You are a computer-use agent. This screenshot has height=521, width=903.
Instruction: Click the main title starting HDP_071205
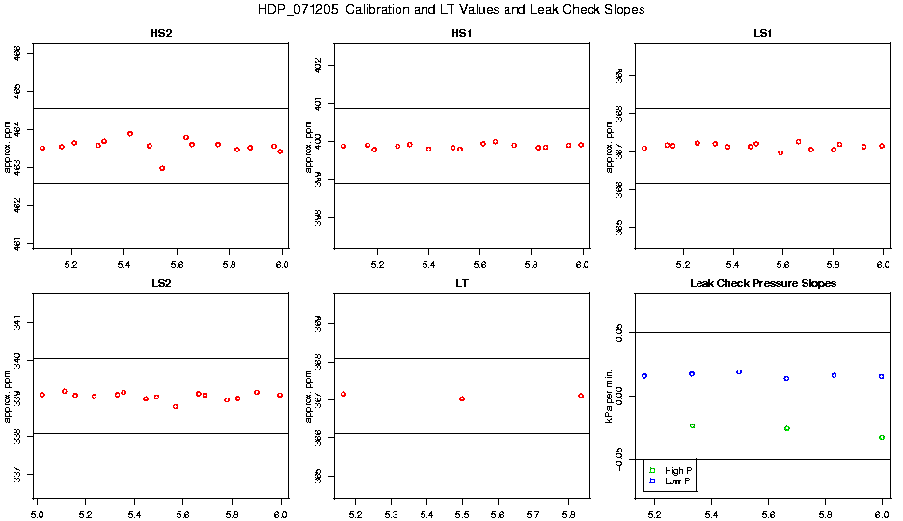(x=451, y=9)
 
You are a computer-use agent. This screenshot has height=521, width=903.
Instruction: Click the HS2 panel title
(x=161, y=34)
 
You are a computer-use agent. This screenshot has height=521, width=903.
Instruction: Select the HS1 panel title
(x=462, y=34)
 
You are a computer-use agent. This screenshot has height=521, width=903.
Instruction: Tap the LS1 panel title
(x=762, y=34)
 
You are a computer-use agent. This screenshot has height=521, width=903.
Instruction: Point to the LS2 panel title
(x=161, y=284)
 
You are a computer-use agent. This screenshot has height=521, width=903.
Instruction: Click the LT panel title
(x=462, y=284)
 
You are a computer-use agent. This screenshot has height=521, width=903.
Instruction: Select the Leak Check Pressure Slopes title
(x=762, y=284)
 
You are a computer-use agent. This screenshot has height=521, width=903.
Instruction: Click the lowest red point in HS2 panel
(x=162, y=168)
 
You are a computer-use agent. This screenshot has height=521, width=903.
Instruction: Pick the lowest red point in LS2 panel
(x=175, y=406)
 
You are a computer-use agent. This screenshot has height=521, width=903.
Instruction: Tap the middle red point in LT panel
(x=462, y=398)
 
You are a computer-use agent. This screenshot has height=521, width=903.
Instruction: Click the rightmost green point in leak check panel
(x=882, y=437)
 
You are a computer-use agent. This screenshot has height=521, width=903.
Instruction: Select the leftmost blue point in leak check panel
(x=644, y=376)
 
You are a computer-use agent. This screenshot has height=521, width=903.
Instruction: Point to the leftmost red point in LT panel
(x=343, y=394)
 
